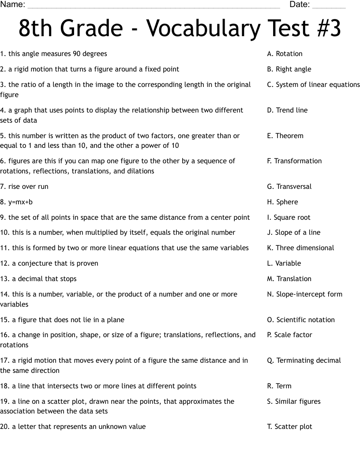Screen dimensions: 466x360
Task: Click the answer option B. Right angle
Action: (x=289, y=69)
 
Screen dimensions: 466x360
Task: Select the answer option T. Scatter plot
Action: (x=289, y=427)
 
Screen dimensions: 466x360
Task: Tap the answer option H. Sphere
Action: (x=282, y=202)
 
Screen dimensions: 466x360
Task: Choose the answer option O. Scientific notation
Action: (x=301, y=320)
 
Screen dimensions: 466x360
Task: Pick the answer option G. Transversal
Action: (x=289, y=187)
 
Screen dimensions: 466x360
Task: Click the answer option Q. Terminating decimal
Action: (x=304, y=361)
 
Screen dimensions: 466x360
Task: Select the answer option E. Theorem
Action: (x=285, y=136)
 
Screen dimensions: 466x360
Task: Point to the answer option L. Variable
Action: (x=284, y=263)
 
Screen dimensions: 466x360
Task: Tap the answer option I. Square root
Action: (x=289, y=218)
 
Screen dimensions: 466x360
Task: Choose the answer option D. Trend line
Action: (x=287, y=110)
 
